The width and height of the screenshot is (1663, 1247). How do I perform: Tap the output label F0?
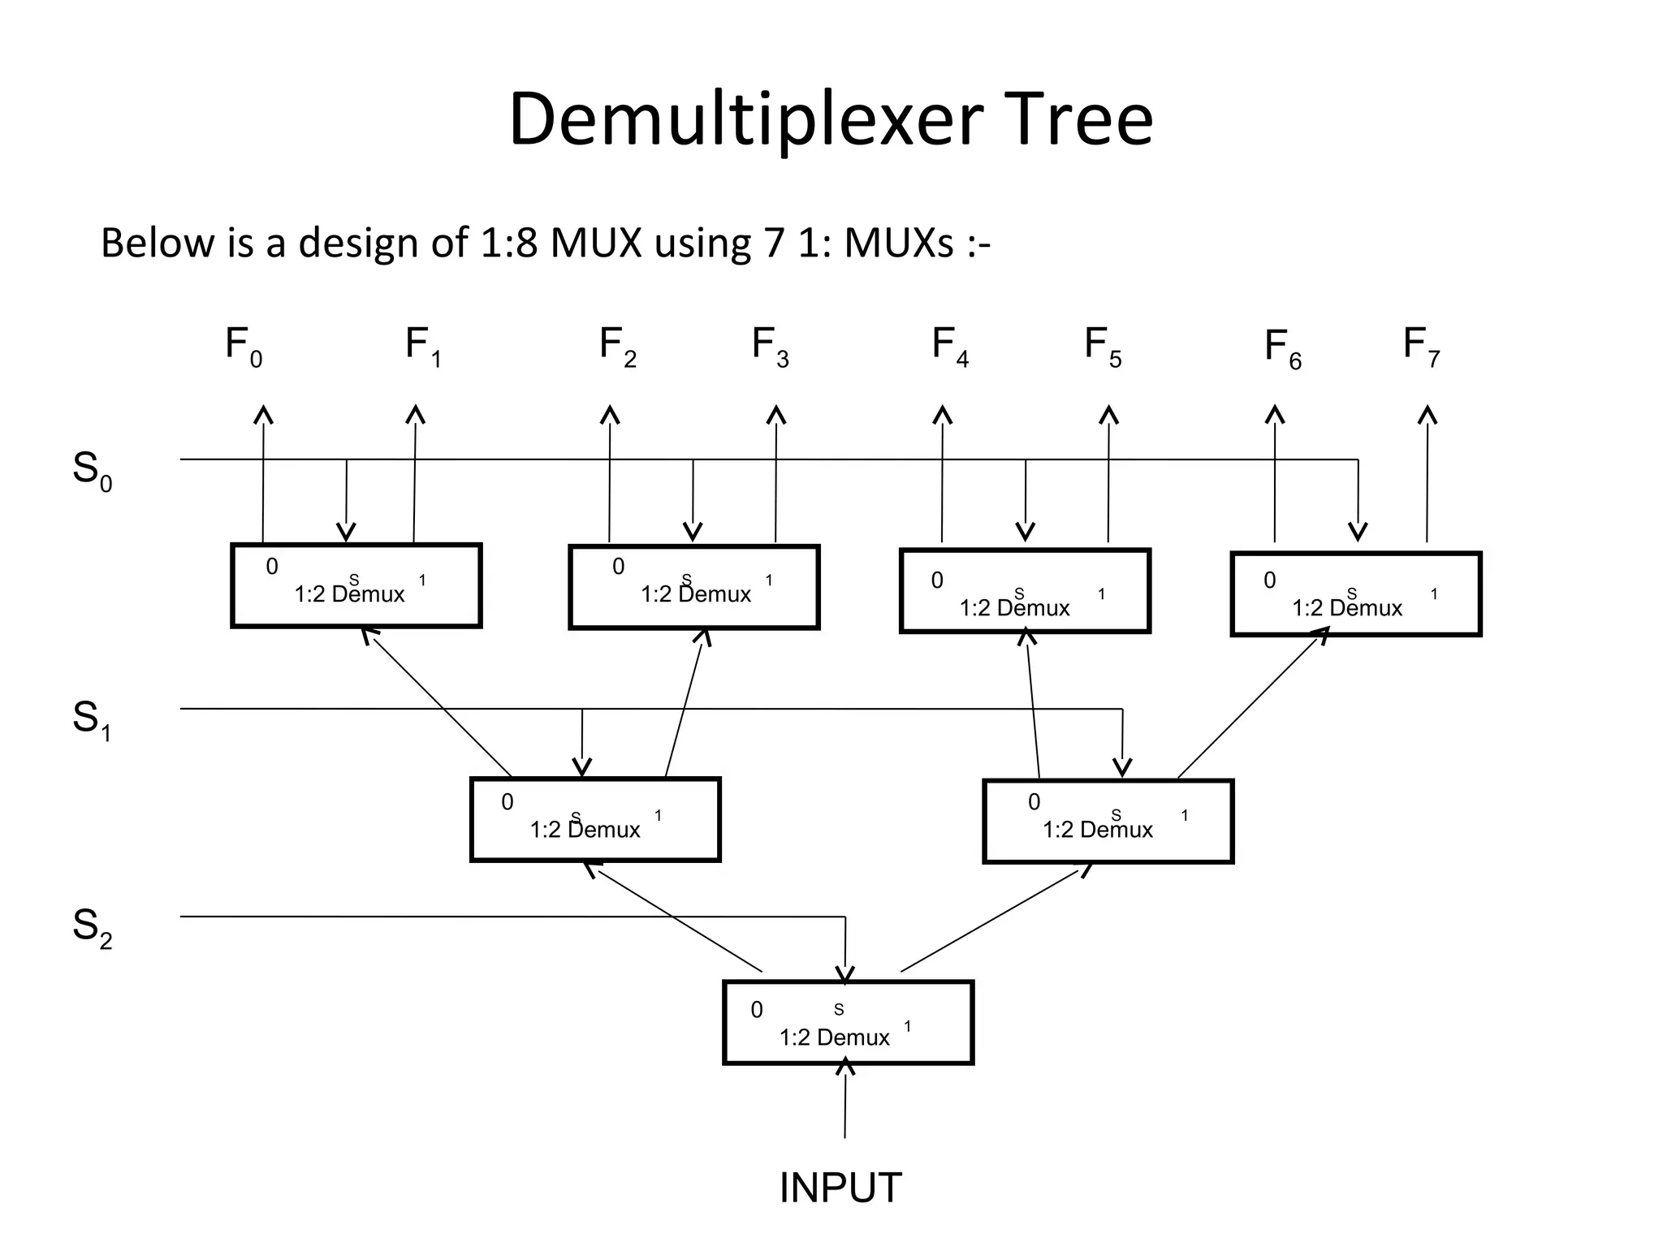[243, 347]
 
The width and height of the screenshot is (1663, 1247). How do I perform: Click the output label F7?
[1421, 347]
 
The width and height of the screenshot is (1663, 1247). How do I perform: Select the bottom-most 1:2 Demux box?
[848, 1023]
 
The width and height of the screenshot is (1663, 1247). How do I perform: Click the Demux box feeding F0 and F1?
[356, 585]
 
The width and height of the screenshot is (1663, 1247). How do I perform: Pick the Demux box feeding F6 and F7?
[1355, 593]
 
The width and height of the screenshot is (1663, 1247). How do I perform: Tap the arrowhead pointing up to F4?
[942, 415]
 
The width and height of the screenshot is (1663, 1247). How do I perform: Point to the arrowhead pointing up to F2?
[610, 415]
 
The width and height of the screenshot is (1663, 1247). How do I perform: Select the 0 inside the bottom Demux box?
[757, 1010]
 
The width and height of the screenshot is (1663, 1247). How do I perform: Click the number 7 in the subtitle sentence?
[773, 243]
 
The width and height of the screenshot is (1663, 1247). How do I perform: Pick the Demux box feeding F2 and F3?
[693, 587]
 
